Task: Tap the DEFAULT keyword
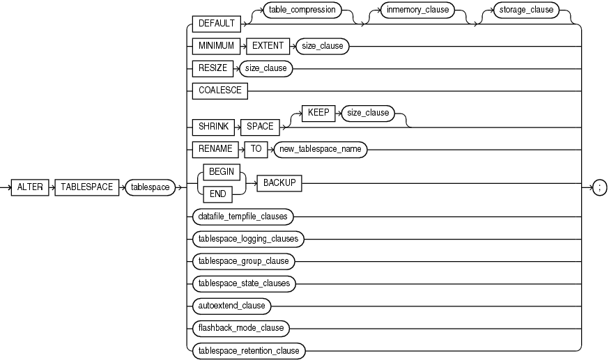(x=216, y=24)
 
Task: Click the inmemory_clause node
(x=409, y=11)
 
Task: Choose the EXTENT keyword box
(x=268, y=47)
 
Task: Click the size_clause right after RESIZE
(x=264, y=69)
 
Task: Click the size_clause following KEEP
(x=366, y=113)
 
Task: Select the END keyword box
(x=219, y=194)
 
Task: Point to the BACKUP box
(x=279, y=182)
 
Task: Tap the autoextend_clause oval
(x=231, y=306)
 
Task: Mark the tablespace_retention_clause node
(x=248, y=350)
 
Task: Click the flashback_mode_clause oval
(x=240, y=328)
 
